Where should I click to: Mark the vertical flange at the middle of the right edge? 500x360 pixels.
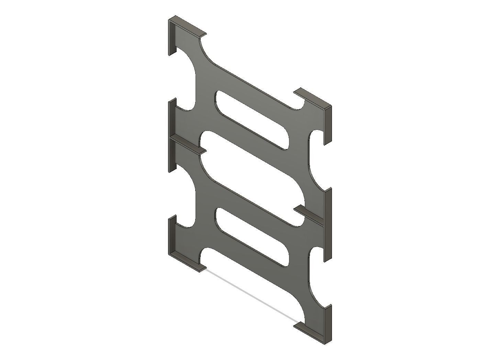[x=329, y=223]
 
